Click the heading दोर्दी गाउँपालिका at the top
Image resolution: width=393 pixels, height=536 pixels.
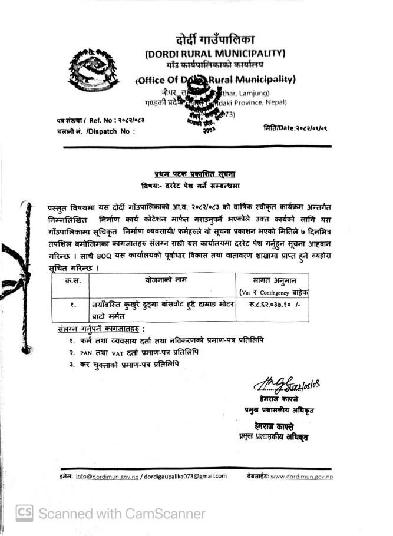click(215, 40)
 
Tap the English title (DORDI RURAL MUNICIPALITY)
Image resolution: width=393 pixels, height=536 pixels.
click(215, 54)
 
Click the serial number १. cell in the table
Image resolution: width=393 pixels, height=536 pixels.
click(74, 305)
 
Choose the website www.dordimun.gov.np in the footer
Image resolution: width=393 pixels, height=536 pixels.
click(302, 476)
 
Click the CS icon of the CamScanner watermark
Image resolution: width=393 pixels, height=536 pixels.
click(24, 513)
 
